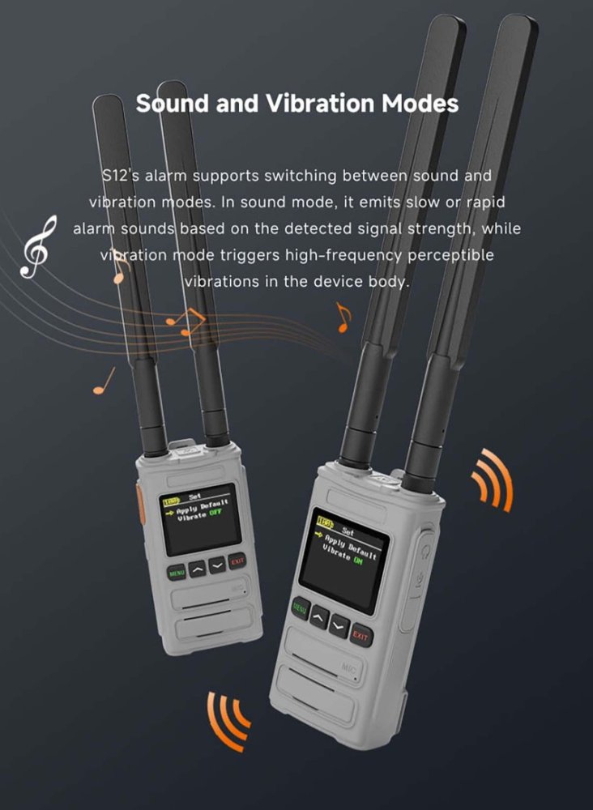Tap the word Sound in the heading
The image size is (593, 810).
click(168, 104)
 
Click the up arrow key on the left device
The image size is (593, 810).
click(197, 569)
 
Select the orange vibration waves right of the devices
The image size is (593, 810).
click(493, 480)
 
